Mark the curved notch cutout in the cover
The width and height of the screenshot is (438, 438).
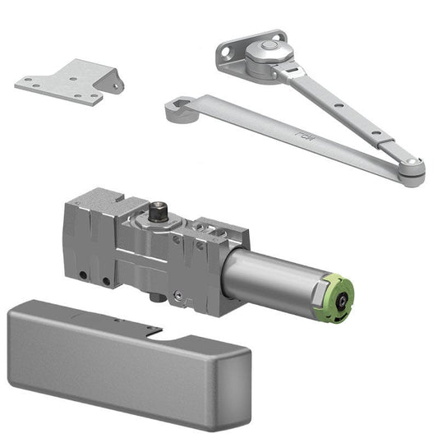164,336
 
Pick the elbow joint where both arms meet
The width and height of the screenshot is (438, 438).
412,170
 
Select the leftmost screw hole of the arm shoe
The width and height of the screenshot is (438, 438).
225,56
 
